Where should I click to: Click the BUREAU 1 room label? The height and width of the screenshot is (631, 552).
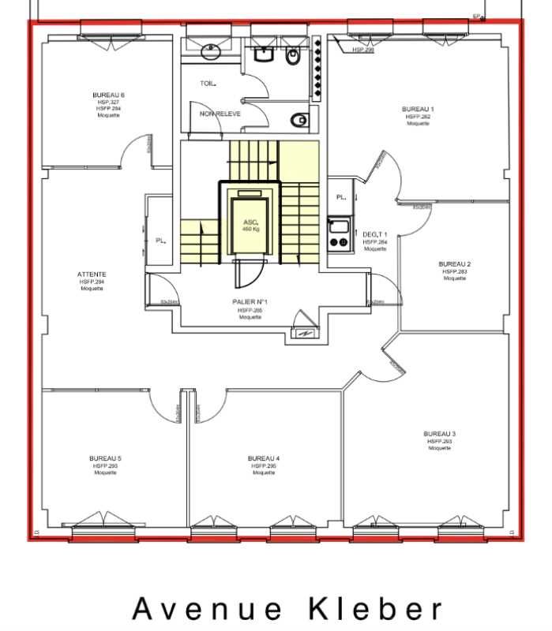(418, 109)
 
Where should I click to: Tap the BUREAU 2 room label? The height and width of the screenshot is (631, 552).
(455, 263)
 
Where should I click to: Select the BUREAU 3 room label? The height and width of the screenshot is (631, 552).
(439, 434)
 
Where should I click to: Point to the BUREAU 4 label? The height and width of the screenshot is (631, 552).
(264, 458)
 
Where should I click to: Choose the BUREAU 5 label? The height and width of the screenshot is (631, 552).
(106, 458)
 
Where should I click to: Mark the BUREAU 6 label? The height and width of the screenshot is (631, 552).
(108, 95)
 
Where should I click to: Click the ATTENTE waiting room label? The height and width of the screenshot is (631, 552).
(92, 274)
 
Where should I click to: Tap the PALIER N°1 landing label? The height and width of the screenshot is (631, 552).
(250, 302)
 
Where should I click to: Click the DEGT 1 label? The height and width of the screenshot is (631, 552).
(375, 235)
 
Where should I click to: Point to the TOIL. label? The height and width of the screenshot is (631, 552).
(208, 83)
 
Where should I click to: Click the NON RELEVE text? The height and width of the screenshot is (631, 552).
(220, 114)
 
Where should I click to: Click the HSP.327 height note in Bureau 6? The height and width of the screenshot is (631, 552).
(108, 103)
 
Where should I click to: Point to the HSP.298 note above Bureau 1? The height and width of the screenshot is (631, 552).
(362, 50)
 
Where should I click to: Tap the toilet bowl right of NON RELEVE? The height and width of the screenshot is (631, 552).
(298, 120)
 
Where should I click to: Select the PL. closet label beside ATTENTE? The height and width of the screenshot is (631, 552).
(159, 241)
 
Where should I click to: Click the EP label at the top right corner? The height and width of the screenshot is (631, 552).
(476, 16)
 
